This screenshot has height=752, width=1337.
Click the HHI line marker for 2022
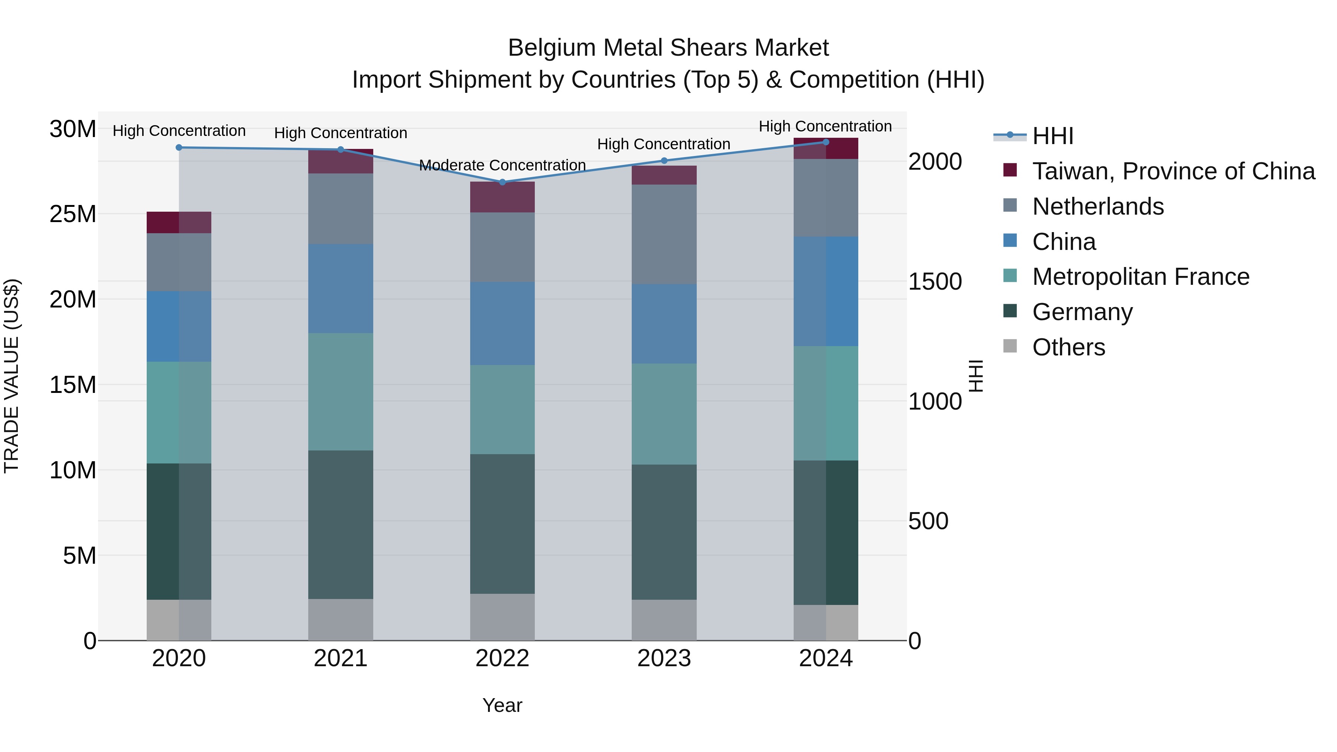tap(502, 182)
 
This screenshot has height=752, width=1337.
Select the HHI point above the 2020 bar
tap(179, 147)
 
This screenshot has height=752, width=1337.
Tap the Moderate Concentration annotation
tap(502, 165)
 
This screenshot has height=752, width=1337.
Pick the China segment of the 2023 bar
tap(664, 323)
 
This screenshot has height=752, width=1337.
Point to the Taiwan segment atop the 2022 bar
tap(502, 197)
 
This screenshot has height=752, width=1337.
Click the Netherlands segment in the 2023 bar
tap(664, 234)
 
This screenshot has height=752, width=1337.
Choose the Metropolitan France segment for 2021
tap(341, 391)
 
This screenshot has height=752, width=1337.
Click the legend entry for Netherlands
tap(1098, 206)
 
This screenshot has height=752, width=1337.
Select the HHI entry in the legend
tap(1053, 136)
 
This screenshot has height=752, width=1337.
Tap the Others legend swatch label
tap(1068, 347)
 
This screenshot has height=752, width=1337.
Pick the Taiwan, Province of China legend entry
tap(1173, 171)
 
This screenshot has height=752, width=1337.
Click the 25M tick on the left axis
tap(73, 214)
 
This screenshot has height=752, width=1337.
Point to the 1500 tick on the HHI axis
tap(935, 282)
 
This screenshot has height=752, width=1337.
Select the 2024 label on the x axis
tap(825, 658)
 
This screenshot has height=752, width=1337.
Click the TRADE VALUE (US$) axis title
tap(12, 376)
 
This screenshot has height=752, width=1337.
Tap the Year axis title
tap(502, 705)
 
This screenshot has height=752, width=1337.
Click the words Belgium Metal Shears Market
tap(668, 48)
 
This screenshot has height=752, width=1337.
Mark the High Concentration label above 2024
tap(825, 126)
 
